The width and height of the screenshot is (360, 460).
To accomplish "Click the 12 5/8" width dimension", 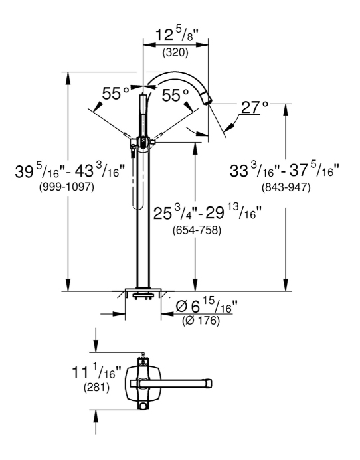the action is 177,35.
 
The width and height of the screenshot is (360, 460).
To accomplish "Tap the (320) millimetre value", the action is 175,53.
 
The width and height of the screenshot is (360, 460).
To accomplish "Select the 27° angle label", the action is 254,107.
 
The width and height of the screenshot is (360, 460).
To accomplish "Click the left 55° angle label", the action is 116,94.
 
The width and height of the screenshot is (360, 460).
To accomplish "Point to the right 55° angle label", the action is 175,95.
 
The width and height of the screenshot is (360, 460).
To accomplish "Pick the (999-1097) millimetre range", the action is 66,187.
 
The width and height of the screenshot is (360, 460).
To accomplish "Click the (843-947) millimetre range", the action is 286,187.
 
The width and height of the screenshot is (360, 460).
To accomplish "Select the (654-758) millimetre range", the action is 197,230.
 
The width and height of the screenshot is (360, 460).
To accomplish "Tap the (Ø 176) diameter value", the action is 201,321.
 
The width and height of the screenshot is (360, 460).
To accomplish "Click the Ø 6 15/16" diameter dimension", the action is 206,307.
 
